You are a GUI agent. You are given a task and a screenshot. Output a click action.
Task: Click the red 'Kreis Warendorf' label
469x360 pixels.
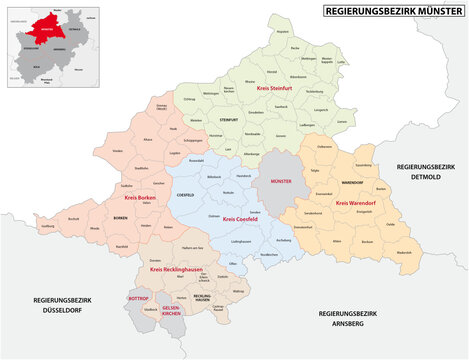pyautogui.click(x=355, y=203)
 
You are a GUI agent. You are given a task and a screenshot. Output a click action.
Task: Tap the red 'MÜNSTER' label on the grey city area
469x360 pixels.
pyautogui.click(x=277, y=182)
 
